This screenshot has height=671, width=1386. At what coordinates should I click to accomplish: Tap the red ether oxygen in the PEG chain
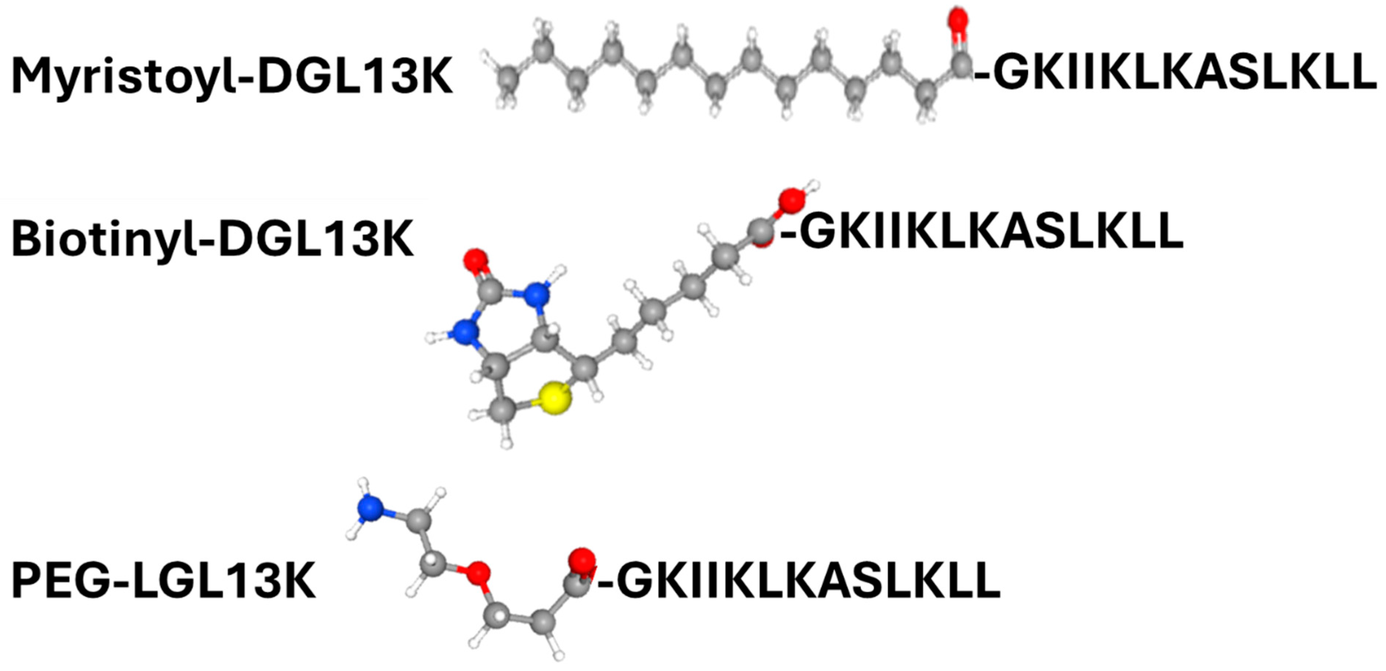[x=477, y=574]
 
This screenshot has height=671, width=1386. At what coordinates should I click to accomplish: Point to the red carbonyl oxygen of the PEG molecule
[x=582, y=561]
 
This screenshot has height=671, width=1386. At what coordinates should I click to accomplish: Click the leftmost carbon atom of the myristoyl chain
[x=507, y=79]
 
